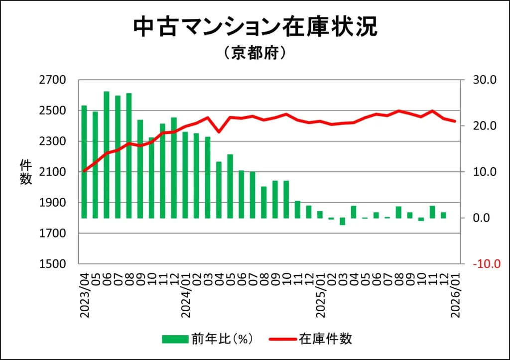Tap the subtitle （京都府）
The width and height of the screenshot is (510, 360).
(255, 53)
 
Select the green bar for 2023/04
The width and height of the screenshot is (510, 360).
(84, 162)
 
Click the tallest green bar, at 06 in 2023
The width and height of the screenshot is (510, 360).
(107, 155)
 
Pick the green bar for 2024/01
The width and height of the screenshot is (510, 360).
(185, 175)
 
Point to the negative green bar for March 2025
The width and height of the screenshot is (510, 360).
(342, 222)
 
